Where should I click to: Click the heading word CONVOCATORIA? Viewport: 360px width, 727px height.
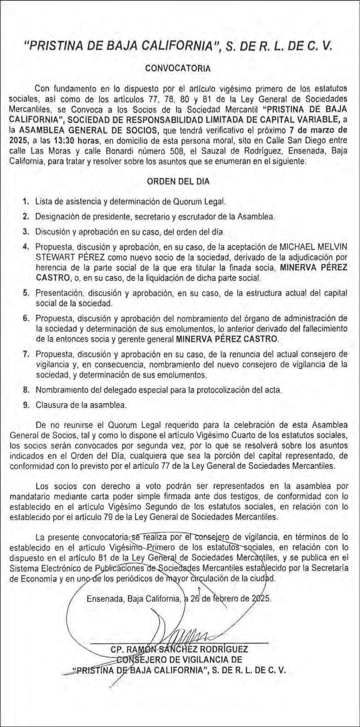[178, 68]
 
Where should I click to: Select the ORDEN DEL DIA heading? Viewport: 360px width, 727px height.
[178, 181]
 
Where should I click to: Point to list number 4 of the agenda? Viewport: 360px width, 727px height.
[26, 246]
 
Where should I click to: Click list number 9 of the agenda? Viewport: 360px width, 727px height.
[26, 405]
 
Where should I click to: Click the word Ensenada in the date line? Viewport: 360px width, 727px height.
[102, 599]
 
